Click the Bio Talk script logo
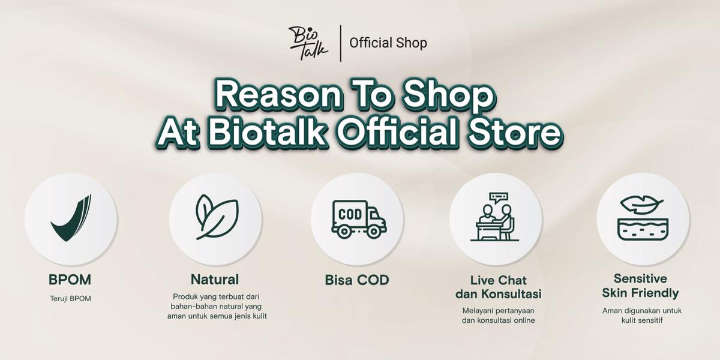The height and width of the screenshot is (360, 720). coord(308,42)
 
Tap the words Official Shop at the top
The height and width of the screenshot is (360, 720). coord(388,43)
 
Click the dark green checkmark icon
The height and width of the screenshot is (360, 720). coord(71,218)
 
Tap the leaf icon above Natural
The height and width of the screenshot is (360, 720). coord(216,217)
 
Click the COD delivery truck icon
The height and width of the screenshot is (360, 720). coord(358,219)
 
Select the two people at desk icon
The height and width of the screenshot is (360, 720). coord(496,223)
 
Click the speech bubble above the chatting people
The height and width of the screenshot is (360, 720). coord(498,197)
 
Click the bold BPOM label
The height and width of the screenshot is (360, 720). coord(70,280)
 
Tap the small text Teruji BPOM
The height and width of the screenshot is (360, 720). coord(70,298)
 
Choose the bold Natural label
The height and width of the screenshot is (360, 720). coord(215,279)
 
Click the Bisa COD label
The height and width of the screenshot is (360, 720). coord(357,280)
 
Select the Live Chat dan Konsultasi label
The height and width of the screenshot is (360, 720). coord(499,287)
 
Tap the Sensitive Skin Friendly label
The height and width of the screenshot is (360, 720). coord(641,286)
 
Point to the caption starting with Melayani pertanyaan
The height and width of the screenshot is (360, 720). coord(499,316)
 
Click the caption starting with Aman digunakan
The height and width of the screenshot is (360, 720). coord(642,316)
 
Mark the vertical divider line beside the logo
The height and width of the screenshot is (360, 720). coord(341,43)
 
